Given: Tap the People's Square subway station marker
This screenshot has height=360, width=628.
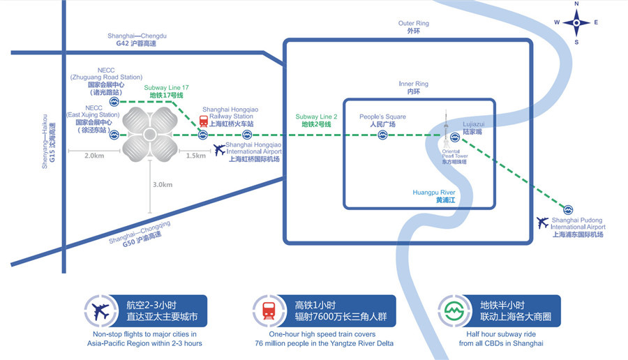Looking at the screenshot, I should click(x=383, y=135).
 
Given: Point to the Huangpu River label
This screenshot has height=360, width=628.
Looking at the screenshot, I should click(x=434, y=196).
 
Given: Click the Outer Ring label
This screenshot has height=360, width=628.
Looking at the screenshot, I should click(x=413, y=27).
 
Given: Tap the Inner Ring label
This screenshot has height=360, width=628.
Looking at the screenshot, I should click(x=413, y=88).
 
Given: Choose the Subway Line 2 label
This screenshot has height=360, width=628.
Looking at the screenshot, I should click(x=316, y=120).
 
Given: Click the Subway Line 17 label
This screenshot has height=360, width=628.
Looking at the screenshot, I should click(x=166, y=91).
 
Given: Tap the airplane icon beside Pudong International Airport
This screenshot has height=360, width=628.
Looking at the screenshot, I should click(x=543, y=223).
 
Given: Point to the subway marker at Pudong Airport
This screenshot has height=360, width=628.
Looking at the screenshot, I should click(x=568, y=209).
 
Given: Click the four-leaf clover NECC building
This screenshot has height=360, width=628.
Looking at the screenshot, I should click(x=151, y=134).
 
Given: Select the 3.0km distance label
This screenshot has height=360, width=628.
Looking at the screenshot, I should click(x=163, y=184).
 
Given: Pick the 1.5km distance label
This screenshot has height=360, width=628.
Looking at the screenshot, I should click(x=196, y=156).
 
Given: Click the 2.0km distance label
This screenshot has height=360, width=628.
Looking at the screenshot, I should click(x=94, y=156).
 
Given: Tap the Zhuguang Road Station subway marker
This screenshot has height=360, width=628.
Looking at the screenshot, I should click(x=114, y=102).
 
